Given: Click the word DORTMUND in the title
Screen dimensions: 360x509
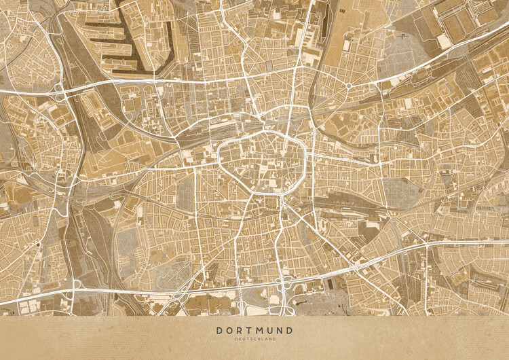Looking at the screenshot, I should point(254,330).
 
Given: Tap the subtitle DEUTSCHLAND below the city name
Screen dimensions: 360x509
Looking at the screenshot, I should point(254,339).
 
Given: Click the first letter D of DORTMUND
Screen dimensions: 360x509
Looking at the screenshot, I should point(220,330).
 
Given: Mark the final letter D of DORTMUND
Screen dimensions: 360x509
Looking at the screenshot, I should point(290,330).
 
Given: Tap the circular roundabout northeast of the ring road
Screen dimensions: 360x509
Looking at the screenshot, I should point(348,86).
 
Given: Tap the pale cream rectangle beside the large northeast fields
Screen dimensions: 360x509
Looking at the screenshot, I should point(444,41).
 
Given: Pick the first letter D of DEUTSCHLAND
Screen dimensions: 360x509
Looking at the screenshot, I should point(237,339).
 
